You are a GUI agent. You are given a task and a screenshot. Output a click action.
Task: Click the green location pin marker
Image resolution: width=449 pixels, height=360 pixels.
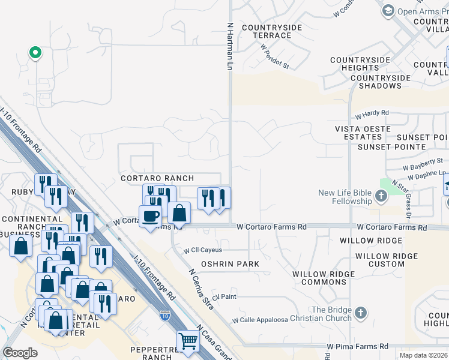(x=35, y=53)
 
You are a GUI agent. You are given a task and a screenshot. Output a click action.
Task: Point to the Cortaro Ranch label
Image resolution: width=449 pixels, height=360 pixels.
(x=157, y=178)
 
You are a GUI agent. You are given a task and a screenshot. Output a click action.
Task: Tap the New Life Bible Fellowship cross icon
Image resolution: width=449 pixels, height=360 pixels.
(x=381, y=196)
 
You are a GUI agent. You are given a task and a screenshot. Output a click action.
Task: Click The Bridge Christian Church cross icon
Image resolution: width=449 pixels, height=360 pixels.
(x=360, y=313)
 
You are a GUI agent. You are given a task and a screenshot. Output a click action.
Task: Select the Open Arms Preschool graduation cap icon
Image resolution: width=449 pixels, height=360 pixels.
(x=388, y=10)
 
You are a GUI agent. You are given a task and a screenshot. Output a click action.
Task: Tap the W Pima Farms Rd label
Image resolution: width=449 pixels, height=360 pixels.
(x=357, y=346)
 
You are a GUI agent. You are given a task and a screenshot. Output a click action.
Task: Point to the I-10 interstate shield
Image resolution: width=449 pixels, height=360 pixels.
(x=164, y=314)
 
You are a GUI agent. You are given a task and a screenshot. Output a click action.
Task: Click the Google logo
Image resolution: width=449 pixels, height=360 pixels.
(x=20, y=353)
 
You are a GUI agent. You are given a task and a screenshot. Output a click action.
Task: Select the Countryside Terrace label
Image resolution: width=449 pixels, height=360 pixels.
(x=267, y=31)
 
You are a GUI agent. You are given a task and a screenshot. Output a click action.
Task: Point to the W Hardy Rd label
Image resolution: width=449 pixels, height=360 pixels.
(x=372, y=113)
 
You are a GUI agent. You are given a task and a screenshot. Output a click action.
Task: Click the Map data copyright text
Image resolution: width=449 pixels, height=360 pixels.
(x=424, y=355)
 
